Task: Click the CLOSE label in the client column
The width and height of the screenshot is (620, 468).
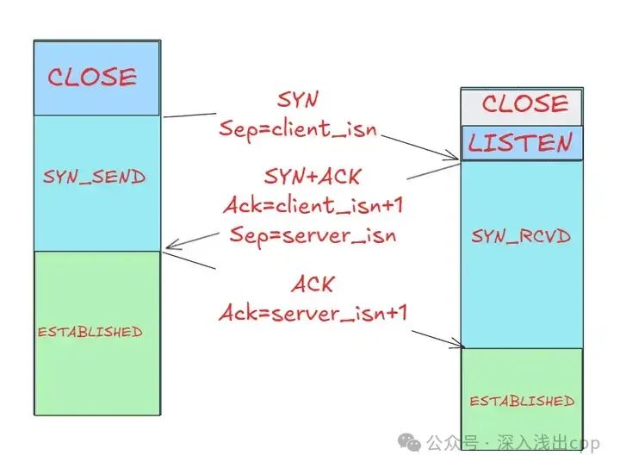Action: (92, 78)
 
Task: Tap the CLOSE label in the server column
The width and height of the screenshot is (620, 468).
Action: (524, 104)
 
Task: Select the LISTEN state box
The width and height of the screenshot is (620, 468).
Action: (521, 143)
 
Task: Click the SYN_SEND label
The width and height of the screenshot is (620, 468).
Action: (94, 178)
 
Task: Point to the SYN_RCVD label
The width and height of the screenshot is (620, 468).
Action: (520, 236)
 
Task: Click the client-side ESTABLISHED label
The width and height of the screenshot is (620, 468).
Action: (90, 332)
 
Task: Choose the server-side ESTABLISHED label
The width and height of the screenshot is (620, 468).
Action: (522, 401)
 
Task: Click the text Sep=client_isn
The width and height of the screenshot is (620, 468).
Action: (299, 130)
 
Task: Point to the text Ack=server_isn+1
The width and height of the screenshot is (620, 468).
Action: (312, 313)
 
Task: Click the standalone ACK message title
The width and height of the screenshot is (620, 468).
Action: (312, 284)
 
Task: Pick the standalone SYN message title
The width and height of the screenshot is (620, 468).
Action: (296, 100)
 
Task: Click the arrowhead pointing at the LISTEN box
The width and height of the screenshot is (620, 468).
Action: (455, 157)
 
